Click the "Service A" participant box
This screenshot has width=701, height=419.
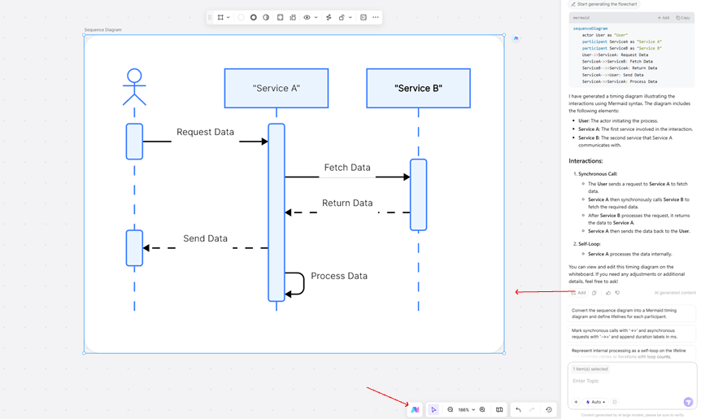click(x=276, y=88)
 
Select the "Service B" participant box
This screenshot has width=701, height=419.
click(x=418, y=88)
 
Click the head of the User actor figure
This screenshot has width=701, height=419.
click(x=134, y=76)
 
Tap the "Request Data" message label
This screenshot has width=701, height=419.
click(x=205, y=132)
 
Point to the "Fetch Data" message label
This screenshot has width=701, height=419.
click(x=347, y=168)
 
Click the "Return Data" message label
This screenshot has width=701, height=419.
click(x=347, y=203)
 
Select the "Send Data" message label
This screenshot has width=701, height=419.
click(x=205, y=238)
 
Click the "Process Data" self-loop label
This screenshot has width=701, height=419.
click(x=339, y=276)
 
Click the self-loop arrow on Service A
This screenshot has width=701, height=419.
click(x=298, y=282)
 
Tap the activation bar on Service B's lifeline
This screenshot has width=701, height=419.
click(x=418, y=194)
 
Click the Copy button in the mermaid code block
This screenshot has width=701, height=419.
click(x=683, y=17)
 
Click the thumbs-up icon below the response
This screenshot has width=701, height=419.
click(x=607, y=293)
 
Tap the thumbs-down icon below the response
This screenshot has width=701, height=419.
click(x=617, y=293)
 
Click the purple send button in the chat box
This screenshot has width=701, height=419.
click(x=688, y=402)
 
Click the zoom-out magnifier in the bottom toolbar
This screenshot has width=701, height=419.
click(x=451, y=410)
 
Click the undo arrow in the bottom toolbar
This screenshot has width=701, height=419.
click(x=518, y=410)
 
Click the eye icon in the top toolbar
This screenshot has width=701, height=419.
click(x=307, y=17)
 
